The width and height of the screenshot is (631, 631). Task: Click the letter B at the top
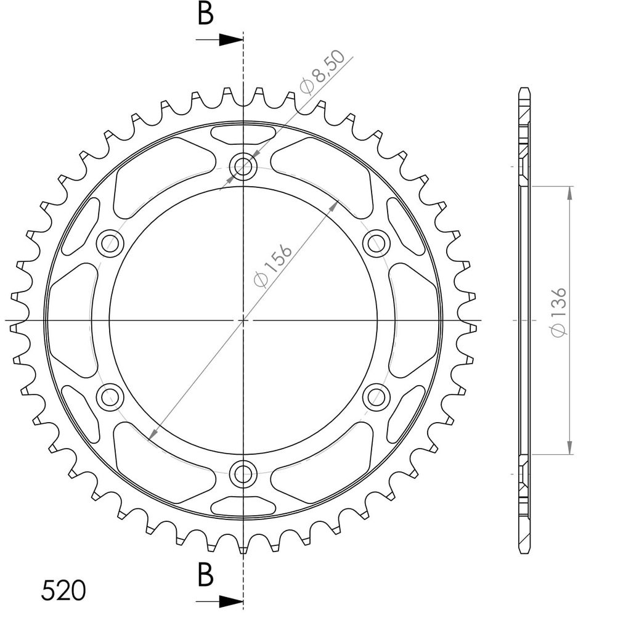pos(205,15)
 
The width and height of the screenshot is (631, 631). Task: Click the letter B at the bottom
pos(205,575)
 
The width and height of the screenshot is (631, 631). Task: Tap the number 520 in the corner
pos(63,590)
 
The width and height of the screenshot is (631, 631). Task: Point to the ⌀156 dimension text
pos(272,266)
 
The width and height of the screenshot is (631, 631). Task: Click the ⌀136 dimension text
pos(558,312)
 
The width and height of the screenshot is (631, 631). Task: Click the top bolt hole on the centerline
pos(243,166)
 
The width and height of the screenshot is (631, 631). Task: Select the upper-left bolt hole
pos(110,243)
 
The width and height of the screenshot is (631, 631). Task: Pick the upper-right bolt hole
pos(377,243)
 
